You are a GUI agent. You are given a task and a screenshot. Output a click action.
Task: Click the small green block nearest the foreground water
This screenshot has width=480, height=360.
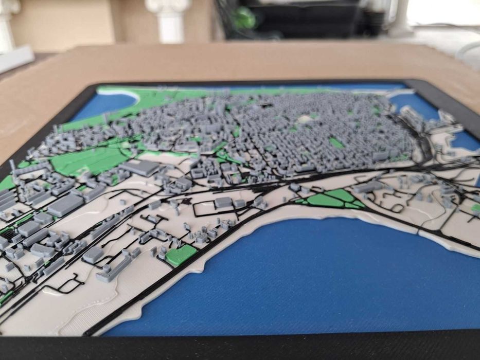pyautogui.click(x=181, y=255)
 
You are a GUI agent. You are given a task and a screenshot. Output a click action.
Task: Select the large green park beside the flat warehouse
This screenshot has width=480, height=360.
pyautogui.click(x=85, y=160)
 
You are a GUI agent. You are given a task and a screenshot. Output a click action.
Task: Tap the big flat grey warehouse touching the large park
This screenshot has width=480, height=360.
pyautogui.click(x=140, y=168)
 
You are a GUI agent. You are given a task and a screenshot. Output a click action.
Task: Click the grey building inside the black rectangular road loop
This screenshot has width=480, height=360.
pyautogui.click(x=223, y=202)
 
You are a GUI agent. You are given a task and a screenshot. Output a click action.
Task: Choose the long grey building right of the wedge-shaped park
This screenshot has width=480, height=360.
pyautogui.click(x=368, y=187)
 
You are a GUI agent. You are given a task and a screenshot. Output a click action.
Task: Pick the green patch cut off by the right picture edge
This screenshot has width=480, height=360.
pyautogui.click(x=476, y=208)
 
